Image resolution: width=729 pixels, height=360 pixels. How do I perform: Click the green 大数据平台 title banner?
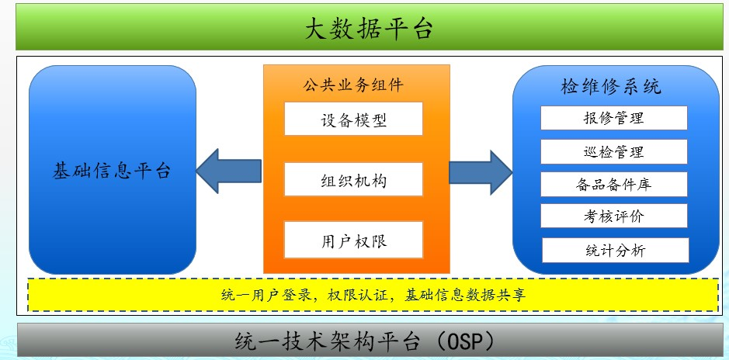tap(364, 28)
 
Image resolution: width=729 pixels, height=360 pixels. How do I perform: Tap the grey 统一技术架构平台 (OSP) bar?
tap(364, 341)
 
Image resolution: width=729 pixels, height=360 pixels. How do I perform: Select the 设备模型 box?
tap(354, 119)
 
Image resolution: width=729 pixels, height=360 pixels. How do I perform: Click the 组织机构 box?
tap(354, 180)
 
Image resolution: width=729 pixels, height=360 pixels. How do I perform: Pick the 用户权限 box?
tap(354, 240)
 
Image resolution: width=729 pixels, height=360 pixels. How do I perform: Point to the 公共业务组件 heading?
tap(353, 84)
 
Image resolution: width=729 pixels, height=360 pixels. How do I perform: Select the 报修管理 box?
tap(613, 118)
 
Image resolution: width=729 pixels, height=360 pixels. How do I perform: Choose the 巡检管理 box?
tap(613, 151)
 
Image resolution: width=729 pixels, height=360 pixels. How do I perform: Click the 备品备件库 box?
tap(613, 184)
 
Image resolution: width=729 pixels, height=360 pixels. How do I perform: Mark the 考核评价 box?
tap(613, 216)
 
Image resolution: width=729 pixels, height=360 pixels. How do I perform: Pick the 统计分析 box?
tap(613, 250)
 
